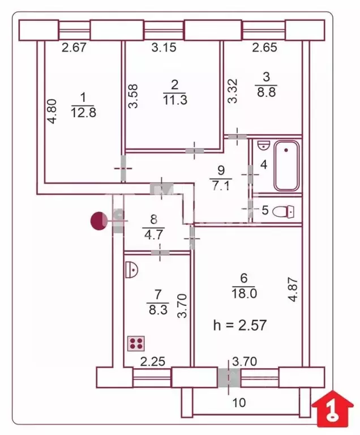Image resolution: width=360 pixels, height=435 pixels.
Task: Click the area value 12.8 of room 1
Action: click(x=84, y=112)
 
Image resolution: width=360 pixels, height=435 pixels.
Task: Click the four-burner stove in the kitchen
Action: click(x=136, y=343)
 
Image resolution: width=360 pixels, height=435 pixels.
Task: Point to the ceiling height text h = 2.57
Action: click(x=239, y=325)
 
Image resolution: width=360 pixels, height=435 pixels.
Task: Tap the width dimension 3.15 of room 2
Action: click(x=164, y=48)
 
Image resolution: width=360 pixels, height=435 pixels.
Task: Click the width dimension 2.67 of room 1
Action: click(x=74, y=48)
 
